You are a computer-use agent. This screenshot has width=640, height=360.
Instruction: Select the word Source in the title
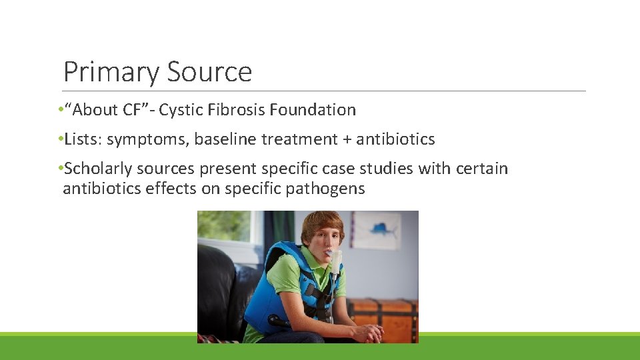coord(210,72)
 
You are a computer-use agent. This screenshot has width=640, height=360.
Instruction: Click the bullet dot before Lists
coord(60,139)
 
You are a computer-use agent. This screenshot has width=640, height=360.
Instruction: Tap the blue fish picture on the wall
coord(377,229)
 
